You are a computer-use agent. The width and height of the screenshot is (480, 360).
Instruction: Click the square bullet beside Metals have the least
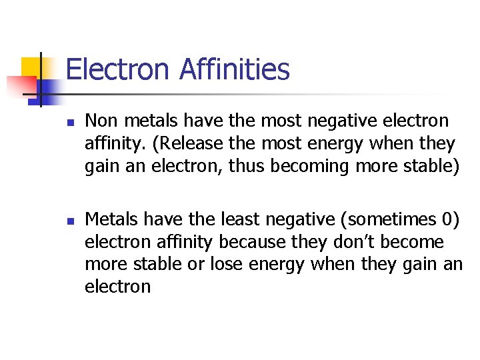click(x=69, y=220)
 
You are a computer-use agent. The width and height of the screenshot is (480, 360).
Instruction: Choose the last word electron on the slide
click(x=117, y=287)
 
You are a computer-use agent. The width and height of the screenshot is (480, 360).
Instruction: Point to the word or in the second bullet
click(x=194, y=264)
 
